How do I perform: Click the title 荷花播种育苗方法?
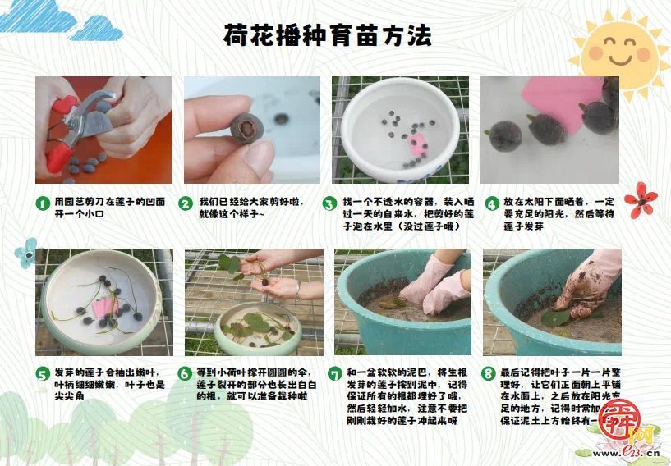click(x=328, y=35)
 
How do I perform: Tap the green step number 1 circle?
click(x=42, y=203)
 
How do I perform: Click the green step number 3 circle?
click(x=329, y=203)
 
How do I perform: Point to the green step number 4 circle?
click(x=491, y=203)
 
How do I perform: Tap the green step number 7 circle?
click(x=334, y=374)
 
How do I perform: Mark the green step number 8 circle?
click(x=489, y=374)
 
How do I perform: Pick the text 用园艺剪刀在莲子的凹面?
click(x=109, y=201)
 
